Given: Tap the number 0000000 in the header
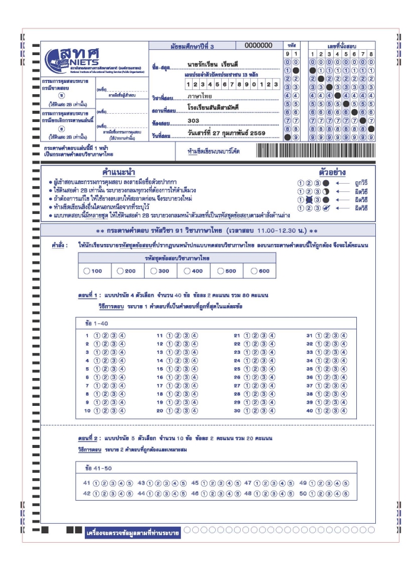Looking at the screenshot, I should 258,46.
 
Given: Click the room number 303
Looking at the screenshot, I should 193,120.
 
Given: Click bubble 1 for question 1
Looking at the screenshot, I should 97,335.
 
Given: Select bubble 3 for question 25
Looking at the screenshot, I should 264,369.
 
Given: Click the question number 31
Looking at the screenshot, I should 309,335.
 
